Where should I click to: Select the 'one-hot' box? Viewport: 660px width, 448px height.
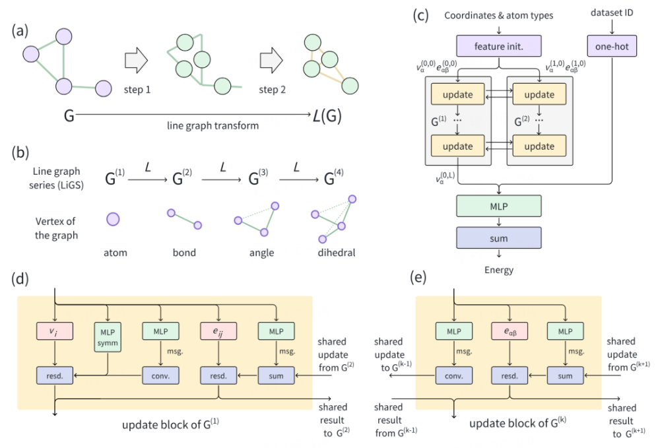click(613, 46)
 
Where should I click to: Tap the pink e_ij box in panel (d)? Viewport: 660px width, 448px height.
click(218, 330)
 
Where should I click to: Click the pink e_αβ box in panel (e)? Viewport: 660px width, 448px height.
click(509, 330)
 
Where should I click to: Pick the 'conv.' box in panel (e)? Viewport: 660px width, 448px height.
click(453, 376)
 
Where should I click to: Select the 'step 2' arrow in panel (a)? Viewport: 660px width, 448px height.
click(272, 63)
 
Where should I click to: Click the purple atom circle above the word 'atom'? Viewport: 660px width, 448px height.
click(114, 218)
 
